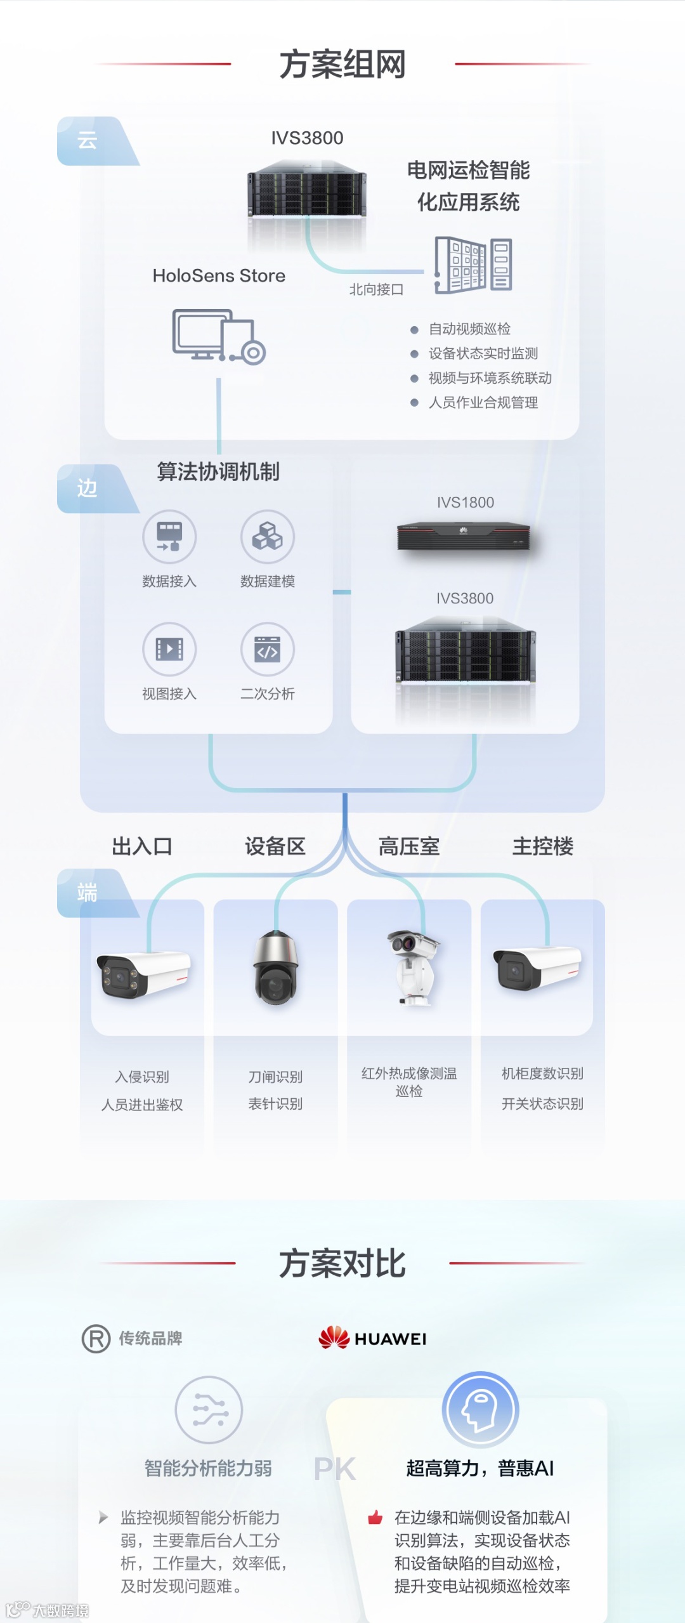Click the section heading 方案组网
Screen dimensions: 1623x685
(x=342, y=65)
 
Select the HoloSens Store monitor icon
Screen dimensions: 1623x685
(x=219, y=336)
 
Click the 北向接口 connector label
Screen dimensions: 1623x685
(x=376, y=290)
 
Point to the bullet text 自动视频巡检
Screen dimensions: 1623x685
(x=469, y=329)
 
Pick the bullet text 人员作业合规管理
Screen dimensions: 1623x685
(x=483, y=403)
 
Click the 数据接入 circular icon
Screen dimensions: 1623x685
(x=169, y=537)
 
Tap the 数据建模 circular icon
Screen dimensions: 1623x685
(x=268, y=537)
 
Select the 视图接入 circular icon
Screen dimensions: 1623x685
(x=169, y=649)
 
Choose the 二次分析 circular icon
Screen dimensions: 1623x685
(x=268, y=649)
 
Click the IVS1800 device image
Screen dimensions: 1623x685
(x=464, y=536)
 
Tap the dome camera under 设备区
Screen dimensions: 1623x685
(x=275, y=968)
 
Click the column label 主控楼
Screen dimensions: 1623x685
(x=543, y=846)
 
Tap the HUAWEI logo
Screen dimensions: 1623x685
(x=372, y=1338)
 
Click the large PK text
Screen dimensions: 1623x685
(x=335, y=1469)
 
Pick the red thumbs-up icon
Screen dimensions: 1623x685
(x=375, y=1518)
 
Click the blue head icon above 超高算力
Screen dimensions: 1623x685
(x=480, y=1410)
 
